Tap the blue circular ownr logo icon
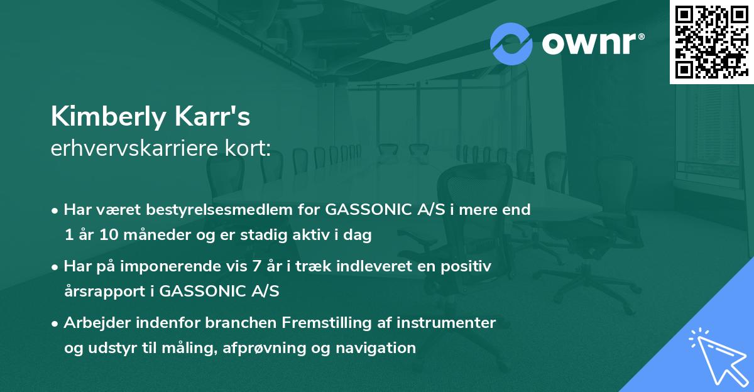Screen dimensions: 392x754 click(511, 43)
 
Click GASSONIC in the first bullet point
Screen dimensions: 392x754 click(367, 209)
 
